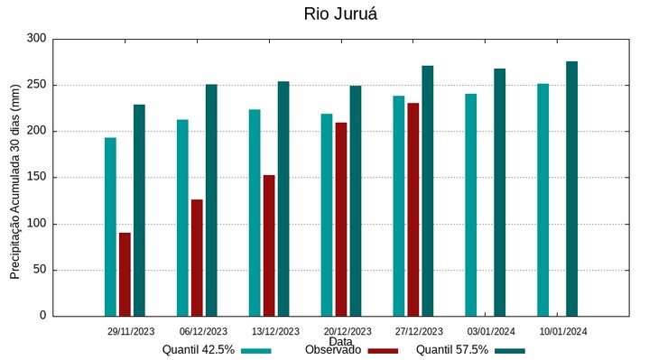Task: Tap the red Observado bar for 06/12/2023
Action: click(x=197, y=257)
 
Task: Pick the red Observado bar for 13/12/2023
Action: click(x=269, y=245)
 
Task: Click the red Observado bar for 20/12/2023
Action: click(x=341, y=219)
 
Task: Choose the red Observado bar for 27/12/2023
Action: click(x=413, y=209)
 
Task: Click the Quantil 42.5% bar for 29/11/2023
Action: click(x=110, y=226)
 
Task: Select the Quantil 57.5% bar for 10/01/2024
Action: click(x=571, y=189)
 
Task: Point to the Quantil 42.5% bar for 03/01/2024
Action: click(x=470, y=205)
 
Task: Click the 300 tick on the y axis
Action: click(x=36, y=39)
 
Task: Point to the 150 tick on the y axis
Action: click(x=36, y=178)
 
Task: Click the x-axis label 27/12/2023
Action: click(x=419, y=331)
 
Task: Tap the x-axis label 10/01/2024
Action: click(x=563, y=331)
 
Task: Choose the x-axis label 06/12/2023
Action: click(x=203, y=331)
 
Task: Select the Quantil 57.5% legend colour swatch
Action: click(x=510, y=350)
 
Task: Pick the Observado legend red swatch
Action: click(x=383, y=350)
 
